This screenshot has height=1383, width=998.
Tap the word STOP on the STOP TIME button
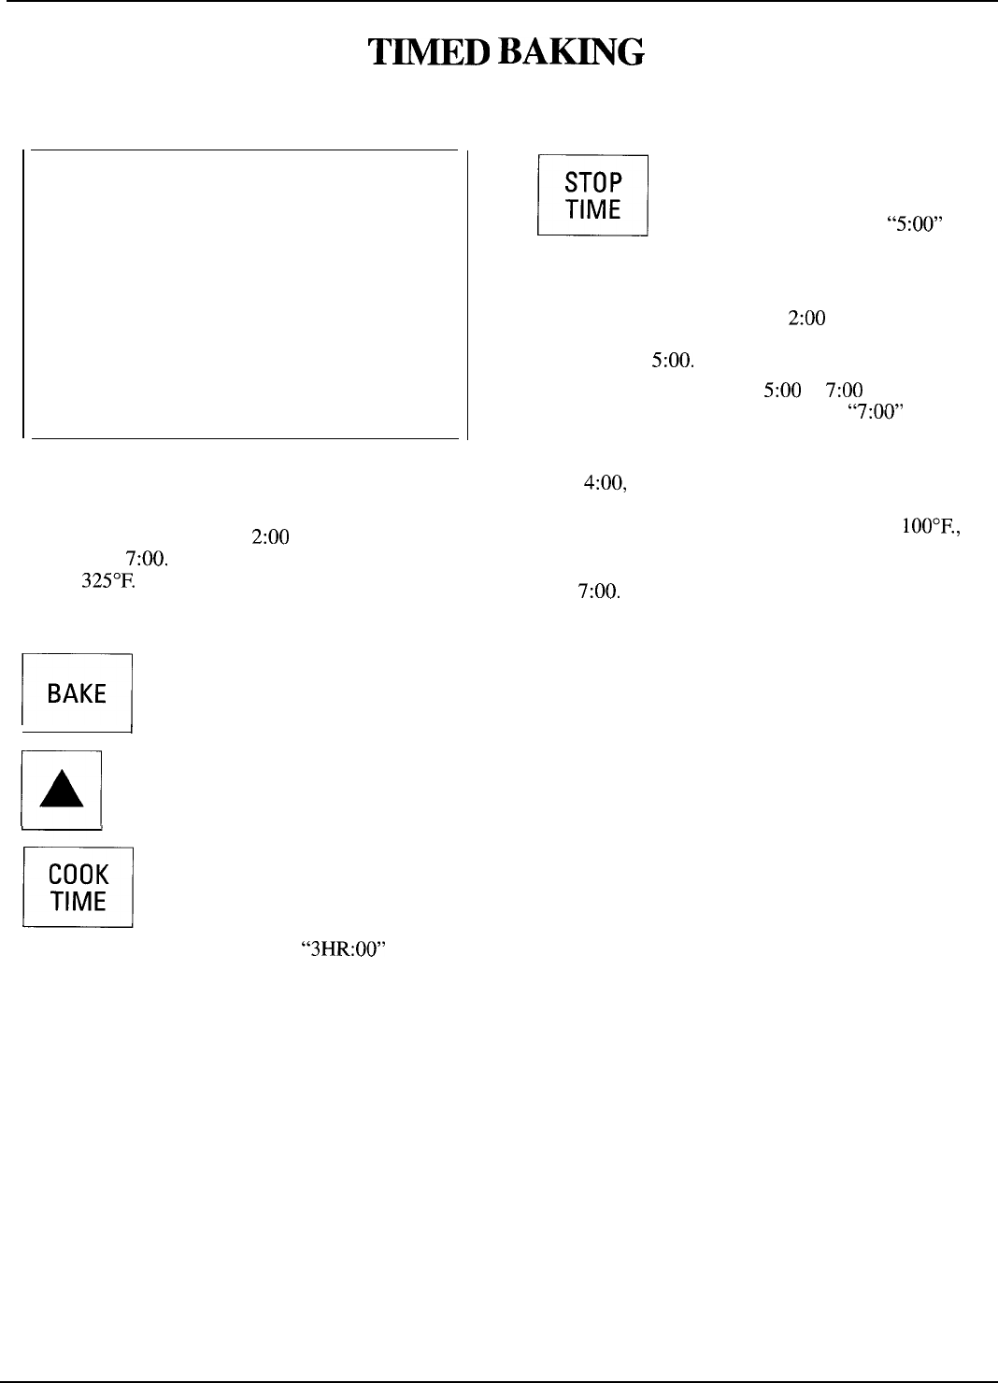[593, 181]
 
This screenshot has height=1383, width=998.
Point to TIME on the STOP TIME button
[593, 209]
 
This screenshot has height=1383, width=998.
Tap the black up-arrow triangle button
[62, 791]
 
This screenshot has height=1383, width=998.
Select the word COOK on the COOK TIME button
[78, 875]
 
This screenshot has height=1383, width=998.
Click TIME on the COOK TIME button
[78, 902]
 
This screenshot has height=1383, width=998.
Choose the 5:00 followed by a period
[671, 360]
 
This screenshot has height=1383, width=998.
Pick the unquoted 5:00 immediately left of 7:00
[781, 391]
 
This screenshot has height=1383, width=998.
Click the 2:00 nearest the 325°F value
[270, 537]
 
